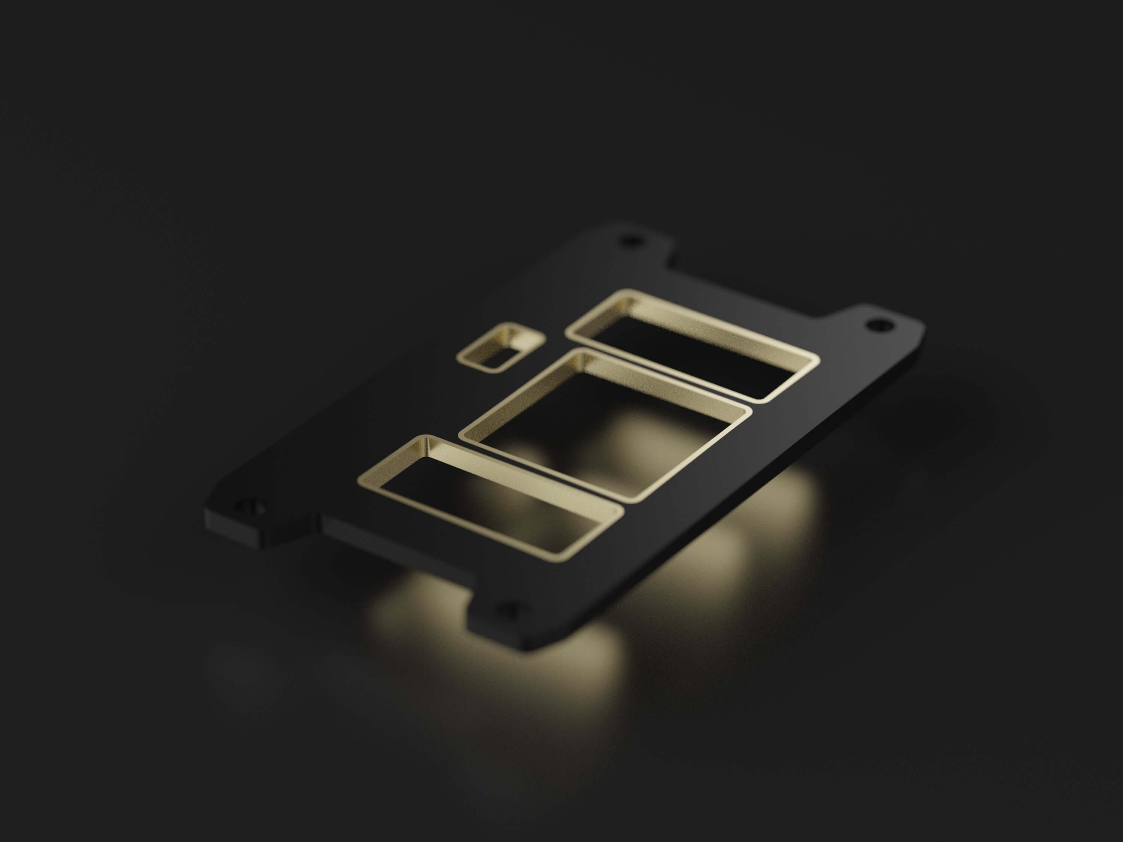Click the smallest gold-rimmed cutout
click(x=500, y=350)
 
